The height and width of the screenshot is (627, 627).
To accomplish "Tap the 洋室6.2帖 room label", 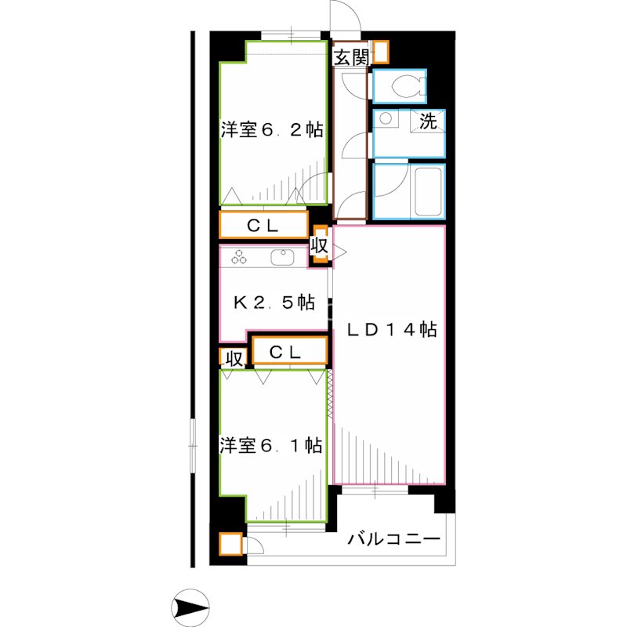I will click(272, 130).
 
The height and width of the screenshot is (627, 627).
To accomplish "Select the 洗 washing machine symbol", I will click(428, 121).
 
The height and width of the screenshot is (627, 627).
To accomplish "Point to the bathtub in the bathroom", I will click(427, 190).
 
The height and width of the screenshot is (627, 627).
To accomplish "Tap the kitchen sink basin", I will click(281, 256).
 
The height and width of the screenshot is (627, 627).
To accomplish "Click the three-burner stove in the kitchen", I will click(239, 256).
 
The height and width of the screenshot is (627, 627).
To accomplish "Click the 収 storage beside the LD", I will click(319, 245).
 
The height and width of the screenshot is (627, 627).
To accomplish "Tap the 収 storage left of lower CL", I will click(233, 358).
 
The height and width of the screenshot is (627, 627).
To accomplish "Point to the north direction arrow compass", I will click(190, 606).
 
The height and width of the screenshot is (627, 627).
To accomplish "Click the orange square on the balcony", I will click(230, 543).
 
